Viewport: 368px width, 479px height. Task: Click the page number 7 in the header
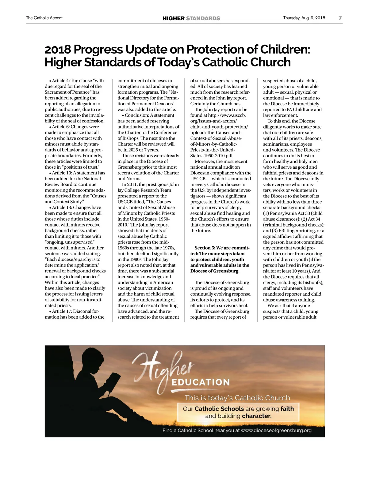point(340,18)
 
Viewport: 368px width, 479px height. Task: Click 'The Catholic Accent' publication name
point(44,18)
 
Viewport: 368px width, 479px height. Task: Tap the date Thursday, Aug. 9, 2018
point(304,18)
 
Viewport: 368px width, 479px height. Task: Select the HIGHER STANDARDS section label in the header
point(191,18)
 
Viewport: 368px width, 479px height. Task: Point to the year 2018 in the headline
point(57,49)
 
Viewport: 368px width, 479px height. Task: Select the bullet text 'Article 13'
point(62,208)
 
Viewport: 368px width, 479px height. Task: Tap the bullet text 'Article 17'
point(62,311)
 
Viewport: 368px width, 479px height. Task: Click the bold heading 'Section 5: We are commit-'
point(222,248)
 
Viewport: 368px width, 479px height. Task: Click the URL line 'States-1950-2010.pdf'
point(211,155)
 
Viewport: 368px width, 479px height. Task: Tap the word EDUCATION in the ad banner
point(201,382)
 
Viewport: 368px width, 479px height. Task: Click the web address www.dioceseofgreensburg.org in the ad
point(276,431)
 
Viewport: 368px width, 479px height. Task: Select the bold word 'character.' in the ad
point(257,416)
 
